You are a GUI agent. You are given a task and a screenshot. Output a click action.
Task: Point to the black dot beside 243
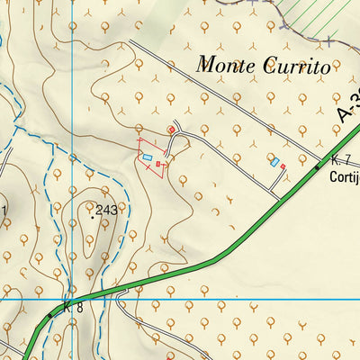tap(92, 216)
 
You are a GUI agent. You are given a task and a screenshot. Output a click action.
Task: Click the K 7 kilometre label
tap(339, 159)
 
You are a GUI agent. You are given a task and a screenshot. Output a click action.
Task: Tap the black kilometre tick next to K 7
tap(317, 166)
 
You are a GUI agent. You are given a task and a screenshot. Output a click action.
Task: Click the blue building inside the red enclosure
tap(148, 157)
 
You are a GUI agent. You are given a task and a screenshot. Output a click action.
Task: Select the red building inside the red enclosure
tap(158, 165)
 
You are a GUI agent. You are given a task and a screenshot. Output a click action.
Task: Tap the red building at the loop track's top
tap(171, 130)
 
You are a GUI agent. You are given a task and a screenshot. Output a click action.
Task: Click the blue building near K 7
tap(274, 163)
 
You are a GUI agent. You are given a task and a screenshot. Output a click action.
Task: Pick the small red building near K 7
tap(283, 166)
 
